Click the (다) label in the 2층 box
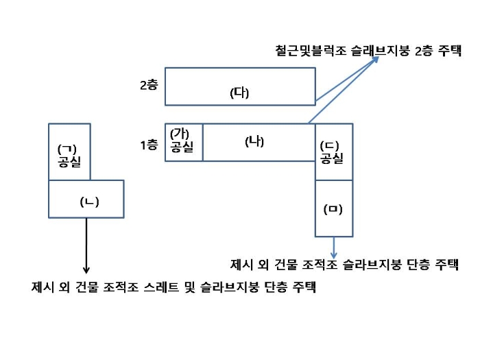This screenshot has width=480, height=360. pos(239,93)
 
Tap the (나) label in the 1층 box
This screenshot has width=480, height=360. pos(254,141)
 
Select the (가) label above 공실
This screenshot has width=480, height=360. pos(180,134)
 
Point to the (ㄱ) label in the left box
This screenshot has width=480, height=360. pos(67,149)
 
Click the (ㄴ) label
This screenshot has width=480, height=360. pos(89,202)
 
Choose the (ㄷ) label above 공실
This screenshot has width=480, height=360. pos(329,146)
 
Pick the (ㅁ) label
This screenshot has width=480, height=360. pos(333,209)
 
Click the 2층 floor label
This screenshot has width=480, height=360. pos(149,85)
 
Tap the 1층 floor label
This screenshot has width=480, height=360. pos(149,145)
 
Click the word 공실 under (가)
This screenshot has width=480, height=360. pos(182,147)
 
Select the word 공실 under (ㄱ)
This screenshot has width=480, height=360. pos(69,162)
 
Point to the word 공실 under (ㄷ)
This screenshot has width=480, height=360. pos(332,158)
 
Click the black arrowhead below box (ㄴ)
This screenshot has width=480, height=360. pos(86,269)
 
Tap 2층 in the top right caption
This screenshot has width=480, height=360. pos(424,51)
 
